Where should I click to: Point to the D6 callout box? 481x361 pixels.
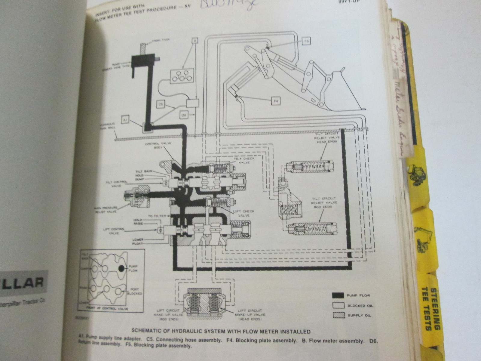(x=184, y=115)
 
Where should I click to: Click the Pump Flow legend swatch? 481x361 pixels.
(x=338, y=295)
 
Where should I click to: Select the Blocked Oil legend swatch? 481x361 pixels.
(x=338, y=305)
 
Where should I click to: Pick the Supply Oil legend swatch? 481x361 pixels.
(x=338, y=315)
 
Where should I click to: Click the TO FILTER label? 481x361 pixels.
(x=155, y=216)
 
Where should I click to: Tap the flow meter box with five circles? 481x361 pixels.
(x=181, y=76)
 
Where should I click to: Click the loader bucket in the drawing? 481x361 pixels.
(x=340, y=90)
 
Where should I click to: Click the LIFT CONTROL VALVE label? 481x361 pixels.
(x=114, y=231)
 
